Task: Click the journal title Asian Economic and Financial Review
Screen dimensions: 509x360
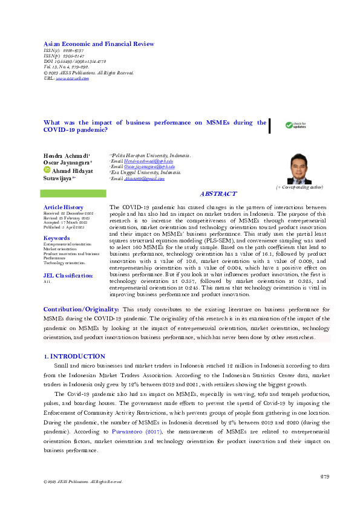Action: pos(99,44)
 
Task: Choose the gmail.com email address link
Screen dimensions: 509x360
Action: pos(143,179)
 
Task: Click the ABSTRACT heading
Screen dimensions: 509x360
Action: pos(218,193)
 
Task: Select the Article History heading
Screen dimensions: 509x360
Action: pos(64,207)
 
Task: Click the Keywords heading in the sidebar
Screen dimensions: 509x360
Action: pos(57,238)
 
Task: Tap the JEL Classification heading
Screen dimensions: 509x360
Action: pos(68,275)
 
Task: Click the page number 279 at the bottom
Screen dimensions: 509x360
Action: pos(324,477)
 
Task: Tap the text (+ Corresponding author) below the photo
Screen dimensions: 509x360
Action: pos(295,188)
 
